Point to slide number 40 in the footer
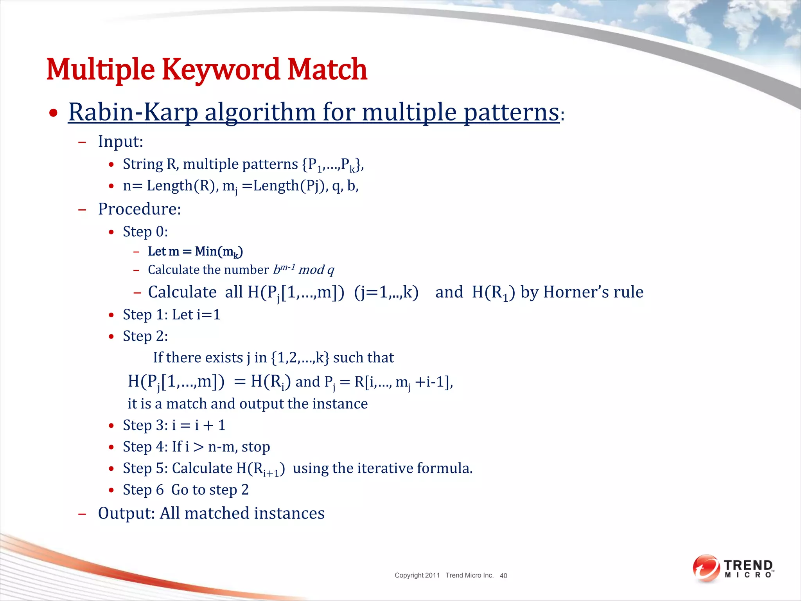503,576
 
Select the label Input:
120,142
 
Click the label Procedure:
139,209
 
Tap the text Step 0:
145,232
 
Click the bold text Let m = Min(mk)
195,252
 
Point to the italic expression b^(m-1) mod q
304,270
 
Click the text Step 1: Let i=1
171,315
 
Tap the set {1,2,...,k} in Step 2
300,358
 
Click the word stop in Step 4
256,447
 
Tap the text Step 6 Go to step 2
185,490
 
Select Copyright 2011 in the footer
417,576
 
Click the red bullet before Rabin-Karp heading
53,113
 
